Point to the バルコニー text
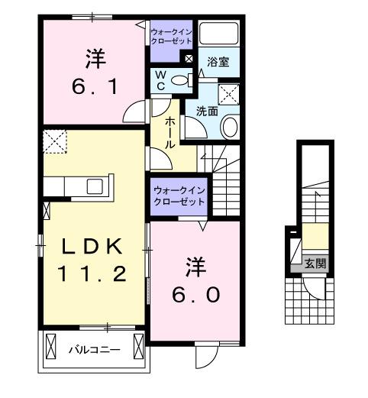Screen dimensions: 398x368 click(x=91, y=350)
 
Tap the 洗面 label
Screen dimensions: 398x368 click(x=206, y=111)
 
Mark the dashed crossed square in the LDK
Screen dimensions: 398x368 click(x=55, y=141)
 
